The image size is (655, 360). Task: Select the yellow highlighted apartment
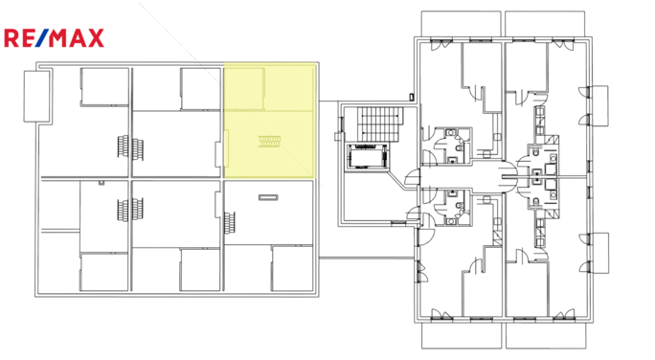(269, 121)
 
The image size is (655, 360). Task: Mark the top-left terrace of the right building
(456, 23)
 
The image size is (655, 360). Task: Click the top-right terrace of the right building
(545, 23)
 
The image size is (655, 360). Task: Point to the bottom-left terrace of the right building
(456, 336)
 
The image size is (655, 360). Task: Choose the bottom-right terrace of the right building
(545, 336)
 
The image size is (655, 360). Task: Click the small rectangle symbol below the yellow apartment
(268, 197)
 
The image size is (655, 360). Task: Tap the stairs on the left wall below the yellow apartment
(229, 224)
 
